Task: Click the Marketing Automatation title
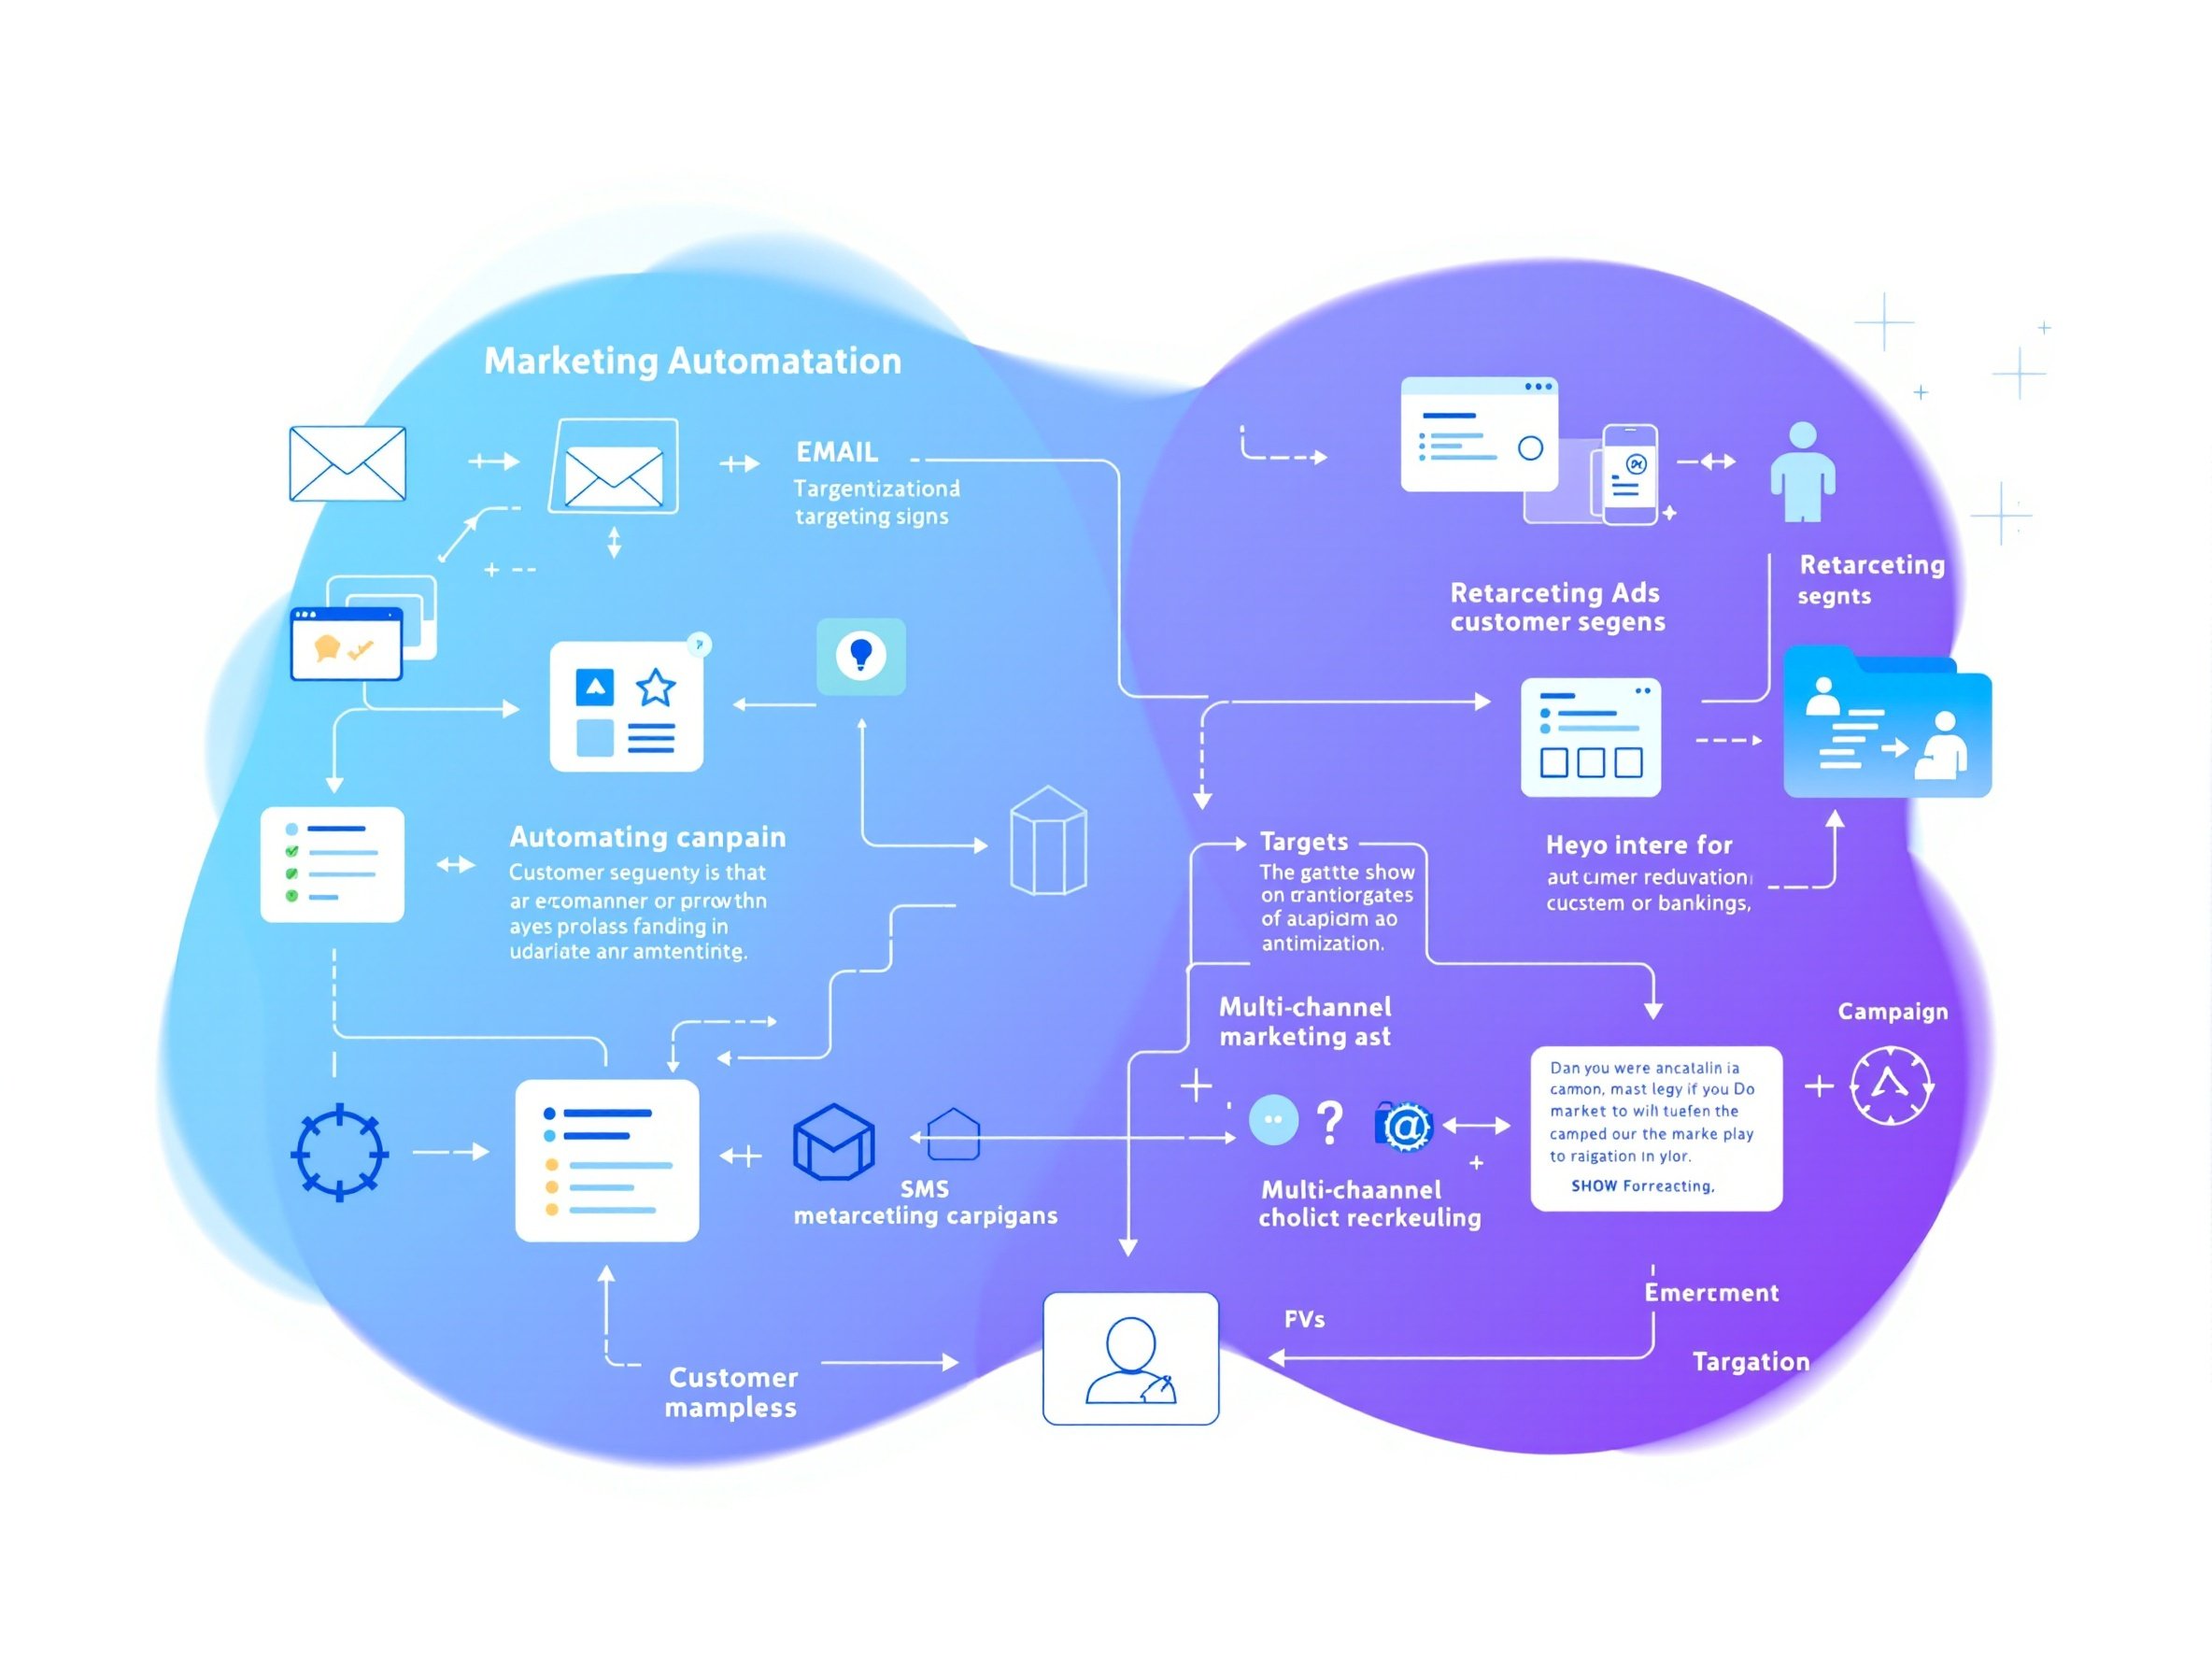tap(692, 361)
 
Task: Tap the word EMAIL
tap(837, 452)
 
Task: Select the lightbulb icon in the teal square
tap(861, 656)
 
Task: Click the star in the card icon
tap(655, 687)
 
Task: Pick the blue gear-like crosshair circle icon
tap(339, 1152)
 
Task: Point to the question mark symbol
tap(1329, 1123)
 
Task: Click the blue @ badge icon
tap(1405, 1126)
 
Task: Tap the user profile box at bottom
tap(1130, 1358)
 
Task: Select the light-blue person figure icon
tap(1802, 472)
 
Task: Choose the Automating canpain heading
tap(647, 837)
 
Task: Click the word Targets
tap(1303, 842)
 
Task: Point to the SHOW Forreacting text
tap(1642, 1186)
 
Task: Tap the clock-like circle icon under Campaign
tap(1890, 1086)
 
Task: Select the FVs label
tap(1304, 1320)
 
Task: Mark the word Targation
tap(1750, 1362)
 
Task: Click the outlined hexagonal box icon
tap(1048, 841)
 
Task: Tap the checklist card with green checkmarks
tap(332, 864)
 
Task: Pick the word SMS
tap(924, 1189)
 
